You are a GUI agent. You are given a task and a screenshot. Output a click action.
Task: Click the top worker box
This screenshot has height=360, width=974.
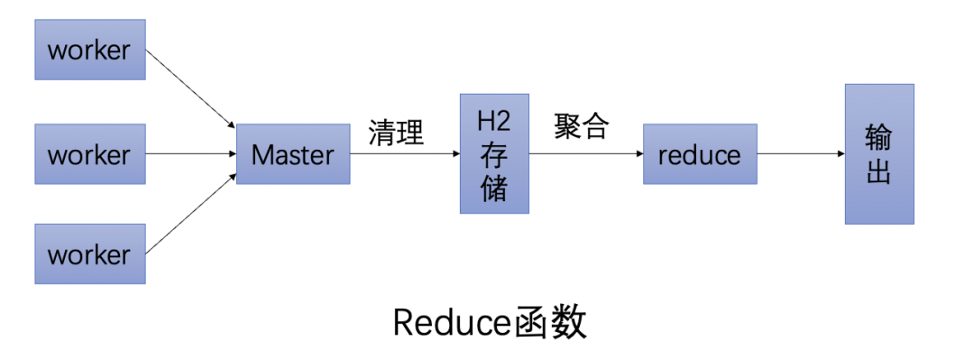[90, 51]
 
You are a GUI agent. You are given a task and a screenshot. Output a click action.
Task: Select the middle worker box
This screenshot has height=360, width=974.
[90, 154]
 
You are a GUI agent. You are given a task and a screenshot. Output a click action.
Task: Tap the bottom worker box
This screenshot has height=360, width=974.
[90, 254]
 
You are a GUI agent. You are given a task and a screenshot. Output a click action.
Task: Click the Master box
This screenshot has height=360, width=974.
[293, 154]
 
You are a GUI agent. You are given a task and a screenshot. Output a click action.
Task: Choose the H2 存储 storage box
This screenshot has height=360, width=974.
[494, 153]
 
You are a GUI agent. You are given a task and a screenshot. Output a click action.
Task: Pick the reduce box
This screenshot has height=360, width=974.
[700, 154]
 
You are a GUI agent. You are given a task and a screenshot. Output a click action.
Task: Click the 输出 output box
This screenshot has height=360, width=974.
[878, 154]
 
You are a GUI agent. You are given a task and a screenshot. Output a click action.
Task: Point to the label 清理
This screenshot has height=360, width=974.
[396, 133]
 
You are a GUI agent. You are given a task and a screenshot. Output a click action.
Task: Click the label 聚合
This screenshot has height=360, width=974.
[582, 127]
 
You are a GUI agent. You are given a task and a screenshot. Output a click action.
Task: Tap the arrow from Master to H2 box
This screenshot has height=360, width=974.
[405, 154]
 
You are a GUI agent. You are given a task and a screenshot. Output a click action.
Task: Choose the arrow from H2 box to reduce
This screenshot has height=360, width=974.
[586, 154]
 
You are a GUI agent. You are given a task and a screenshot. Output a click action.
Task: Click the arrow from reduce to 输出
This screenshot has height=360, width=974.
[801, 154]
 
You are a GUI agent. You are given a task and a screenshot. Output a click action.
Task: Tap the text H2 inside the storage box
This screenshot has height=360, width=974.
[494, 122]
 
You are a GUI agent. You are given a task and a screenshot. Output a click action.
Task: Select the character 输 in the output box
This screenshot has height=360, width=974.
[878, 138]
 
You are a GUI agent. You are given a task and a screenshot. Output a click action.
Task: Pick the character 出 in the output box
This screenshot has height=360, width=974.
[878, 171]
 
